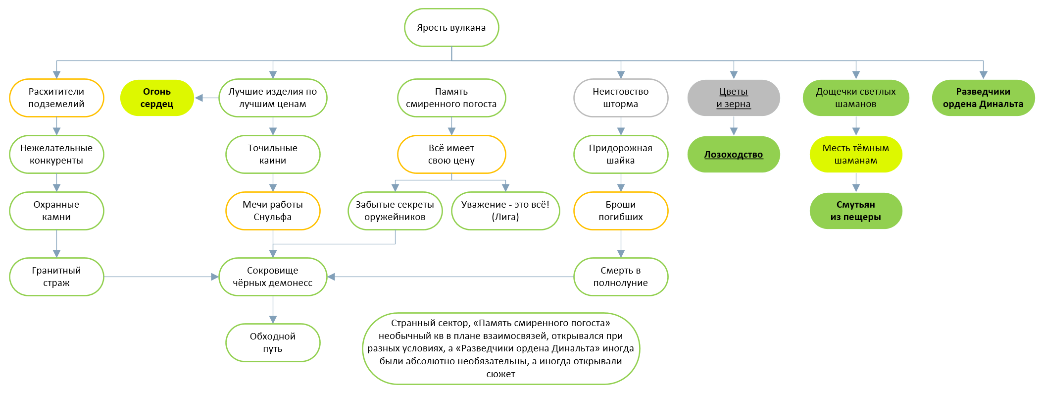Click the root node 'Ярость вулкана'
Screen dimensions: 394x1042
[451, 28]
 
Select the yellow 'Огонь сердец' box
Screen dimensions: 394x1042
[157, 98]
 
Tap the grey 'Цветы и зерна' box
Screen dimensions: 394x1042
[733, 98]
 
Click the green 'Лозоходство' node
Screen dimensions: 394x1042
[733, 154]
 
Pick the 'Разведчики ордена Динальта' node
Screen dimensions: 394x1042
[983, 98]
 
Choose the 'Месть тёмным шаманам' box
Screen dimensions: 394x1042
[855, 154]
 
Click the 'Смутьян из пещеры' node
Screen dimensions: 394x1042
[855, 211]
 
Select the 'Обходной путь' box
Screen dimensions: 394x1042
[273, 342]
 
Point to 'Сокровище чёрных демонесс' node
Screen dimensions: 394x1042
[273, 277]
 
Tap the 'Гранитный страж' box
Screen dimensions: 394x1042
[56, 277]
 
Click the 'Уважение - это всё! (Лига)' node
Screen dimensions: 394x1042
[505, 211]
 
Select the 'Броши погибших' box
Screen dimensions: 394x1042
[620, 211]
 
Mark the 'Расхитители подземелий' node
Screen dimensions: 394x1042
[56, 98]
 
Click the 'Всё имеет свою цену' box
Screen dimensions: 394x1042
[451, 154]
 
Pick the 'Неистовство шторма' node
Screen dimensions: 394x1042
[620, 98]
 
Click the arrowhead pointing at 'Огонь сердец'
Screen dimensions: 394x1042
[199, 98]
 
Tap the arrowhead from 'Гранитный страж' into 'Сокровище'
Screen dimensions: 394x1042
[215, 277]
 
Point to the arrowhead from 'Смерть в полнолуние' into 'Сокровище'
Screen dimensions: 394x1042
[331, 277]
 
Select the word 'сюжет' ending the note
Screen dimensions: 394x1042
[500, 374]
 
